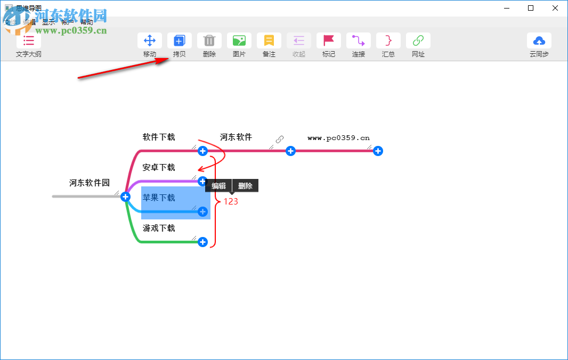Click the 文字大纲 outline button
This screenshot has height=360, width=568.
pyautogui.click(x=29, y=41)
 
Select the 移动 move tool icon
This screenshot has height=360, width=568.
pyautogui.click(x=150, y=41)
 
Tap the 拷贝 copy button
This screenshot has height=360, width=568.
pyautogui.click(x=180, y=41)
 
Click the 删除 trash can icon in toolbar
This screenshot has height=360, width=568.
pyautogui.click(x=209, y=41)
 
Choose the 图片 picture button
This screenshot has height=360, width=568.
pyautogui.click(x=239, y=41)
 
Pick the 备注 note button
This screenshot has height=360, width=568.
pyautogui.click(x=269, y=41)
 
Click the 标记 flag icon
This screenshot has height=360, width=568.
pyautogui.click(x=329, y=41)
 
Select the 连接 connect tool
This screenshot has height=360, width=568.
pyautogui.click(x=359, y=41)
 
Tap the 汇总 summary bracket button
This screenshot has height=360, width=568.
pyautogui.click(x=388, y=41)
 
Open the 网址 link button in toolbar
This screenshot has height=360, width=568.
pyautogui.click(x=418, y=41)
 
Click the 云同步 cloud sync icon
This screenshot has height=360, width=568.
pyautogui.click(x=539, y=41)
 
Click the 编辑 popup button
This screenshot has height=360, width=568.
pyautogui.click(x=218, y=186)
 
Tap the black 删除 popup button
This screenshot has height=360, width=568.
pyautogui.click(x=245, y=186)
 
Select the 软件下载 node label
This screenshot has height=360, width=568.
pyautogui.click(x=159, y=137)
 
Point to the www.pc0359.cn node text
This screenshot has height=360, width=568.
pyautogui.click(x=338, y=138)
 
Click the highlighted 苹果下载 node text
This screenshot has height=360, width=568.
pyautogui.click(x=159, y=198)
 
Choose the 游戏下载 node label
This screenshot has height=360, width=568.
pyautogui.click(x=159, y=228)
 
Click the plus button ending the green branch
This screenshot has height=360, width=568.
pyautogui.click(x=202, y=242)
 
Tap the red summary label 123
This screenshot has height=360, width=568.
pyautogui.click(x=231, y=202)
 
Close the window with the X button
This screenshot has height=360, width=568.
pyautogui.click(x=555, y=8)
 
